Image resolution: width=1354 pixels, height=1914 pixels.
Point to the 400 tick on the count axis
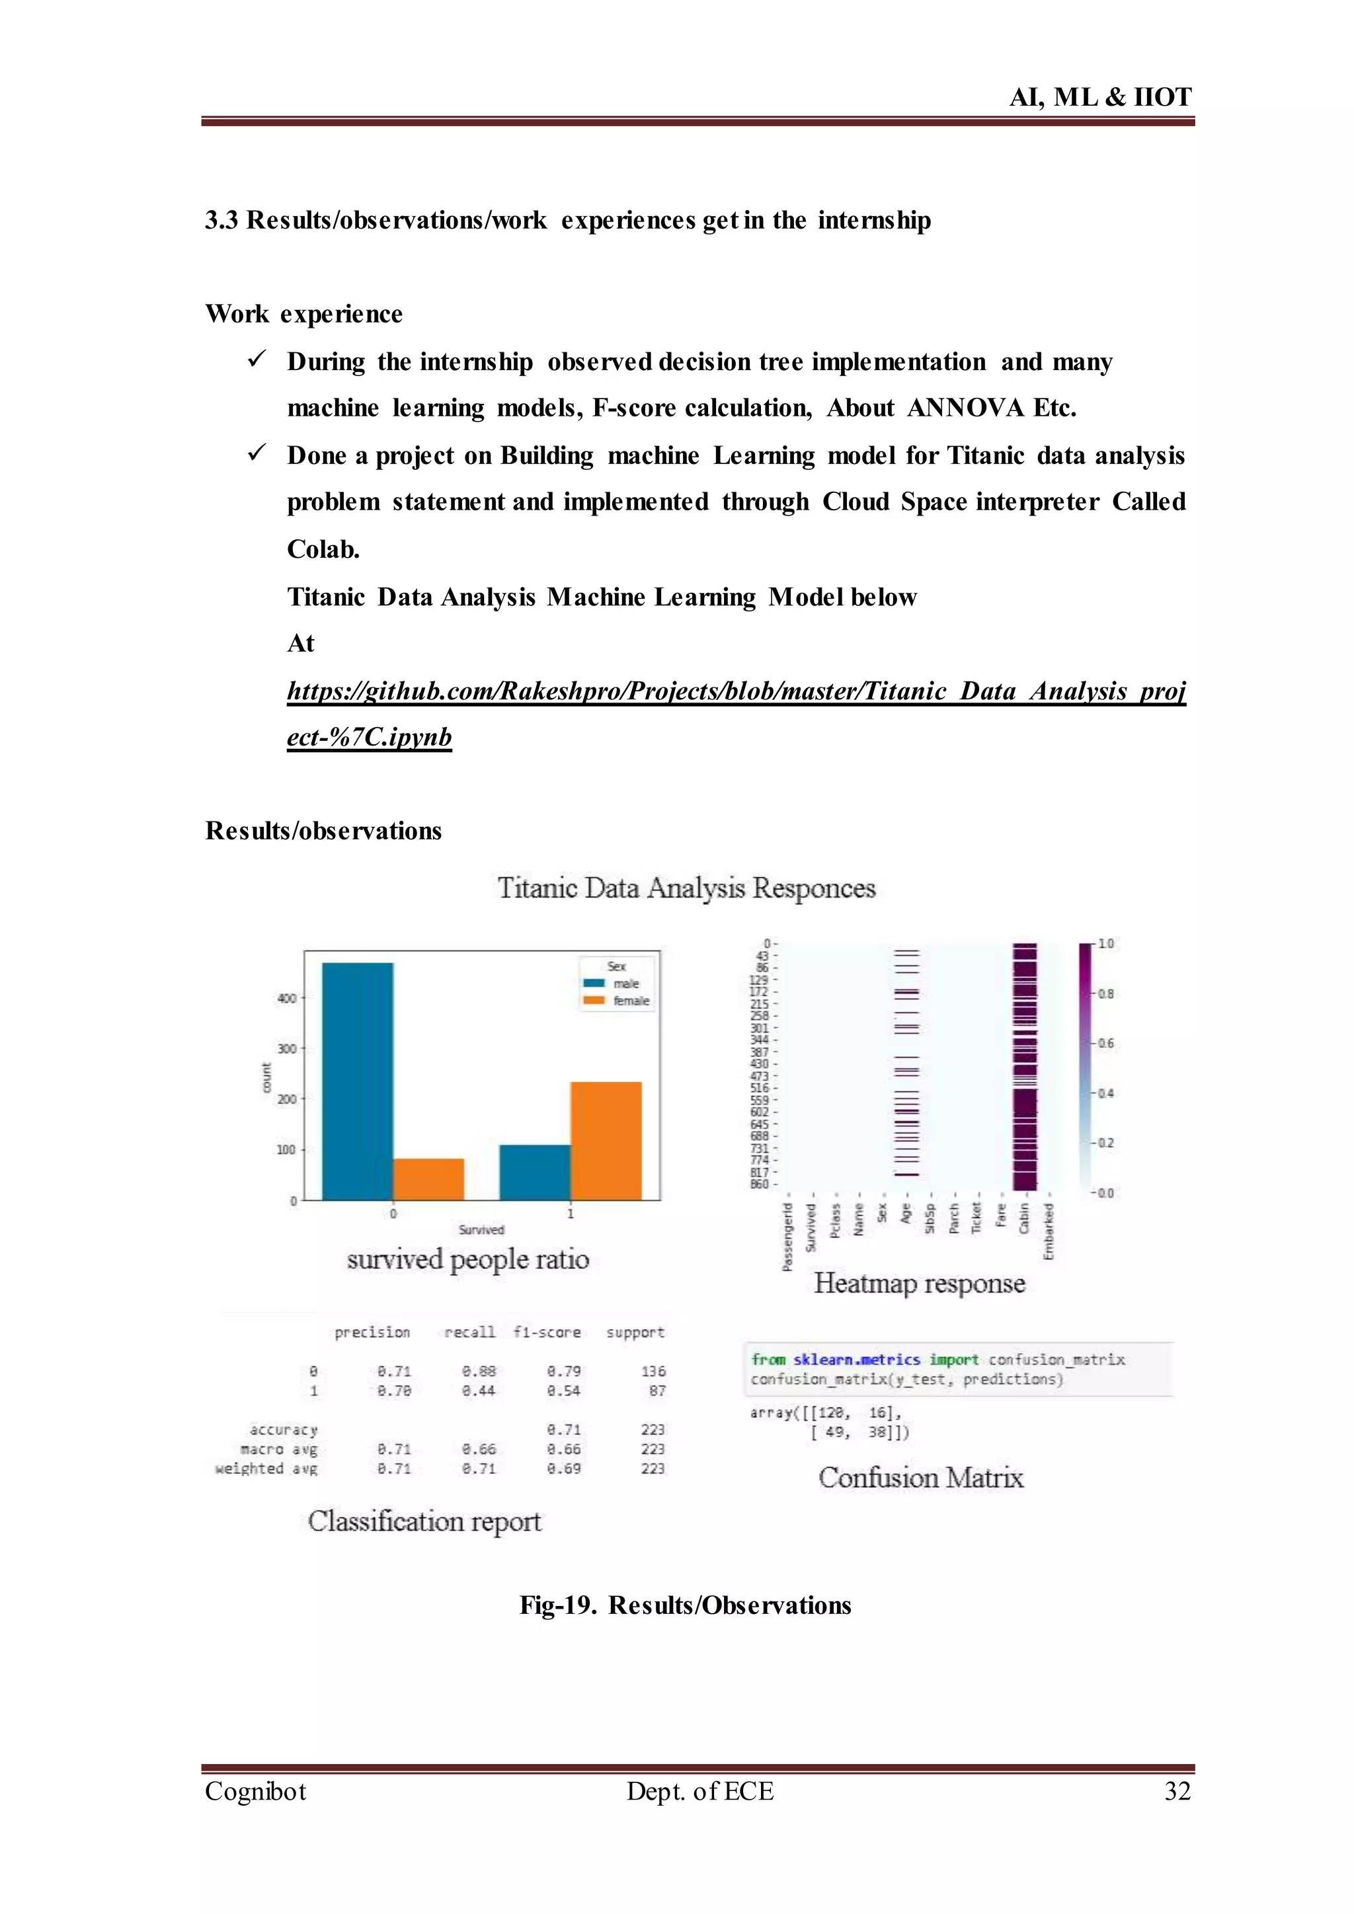click(286, 998)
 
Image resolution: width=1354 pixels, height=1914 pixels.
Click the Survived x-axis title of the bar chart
click(481, 1229)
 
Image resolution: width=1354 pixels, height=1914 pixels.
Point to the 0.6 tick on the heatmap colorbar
click(1105, 1043)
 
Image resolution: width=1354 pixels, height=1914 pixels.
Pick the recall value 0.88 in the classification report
click(479, 1371)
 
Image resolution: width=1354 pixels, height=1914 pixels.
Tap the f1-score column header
click(547, 1332)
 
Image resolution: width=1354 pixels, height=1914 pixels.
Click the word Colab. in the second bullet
click(323, 549)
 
